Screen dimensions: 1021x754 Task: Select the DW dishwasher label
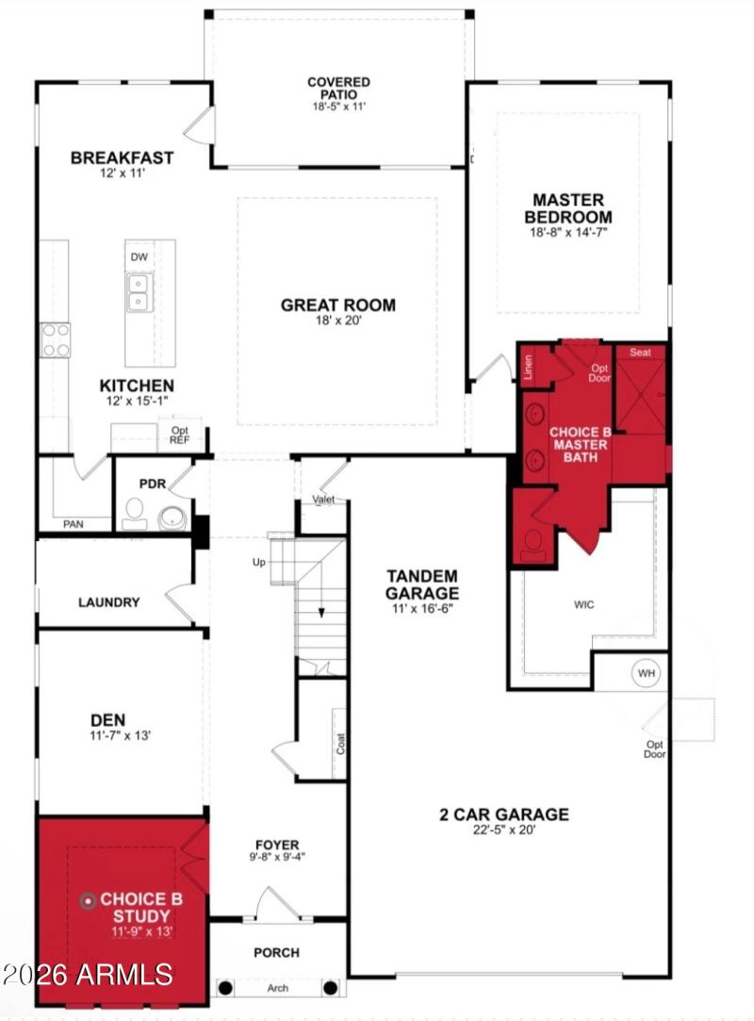[139, 256]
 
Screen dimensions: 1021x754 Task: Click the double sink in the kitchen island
[139, 292]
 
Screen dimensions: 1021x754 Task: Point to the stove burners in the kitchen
[56, 339]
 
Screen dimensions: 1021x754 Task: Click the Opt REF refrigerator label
[179, 435]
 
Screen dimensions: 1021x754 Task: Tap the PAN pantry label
[73, 523]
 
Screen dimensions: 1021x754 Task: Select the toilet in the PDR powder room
[134, 512]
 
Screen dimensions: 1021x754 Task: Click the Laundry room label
[108, 601]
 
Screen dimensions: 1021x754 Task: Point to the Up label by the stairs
[258, 563]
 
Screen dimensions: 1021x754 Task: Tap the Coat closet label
[339, 744]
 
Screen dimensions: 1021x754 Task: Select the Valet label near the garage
[324, 500]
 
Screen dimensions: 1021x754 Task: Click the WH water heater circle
[646, 673]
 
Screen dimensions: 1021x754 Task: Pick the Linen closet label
[529, 365]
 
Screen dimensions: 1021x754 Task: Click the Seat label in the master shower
[640, 353]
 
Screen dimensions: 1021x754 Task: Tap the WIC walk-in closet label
[583, 603]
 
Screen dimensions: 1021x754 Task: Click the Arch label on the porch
[278, 988]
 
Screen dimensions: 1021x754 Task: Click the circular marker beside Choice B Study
[89, 900]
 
